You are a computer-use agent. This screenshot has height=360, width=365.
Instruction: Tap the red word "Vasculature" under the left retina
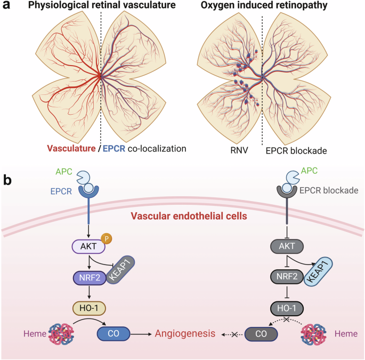pyautogui.click(x=71, y=149)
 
